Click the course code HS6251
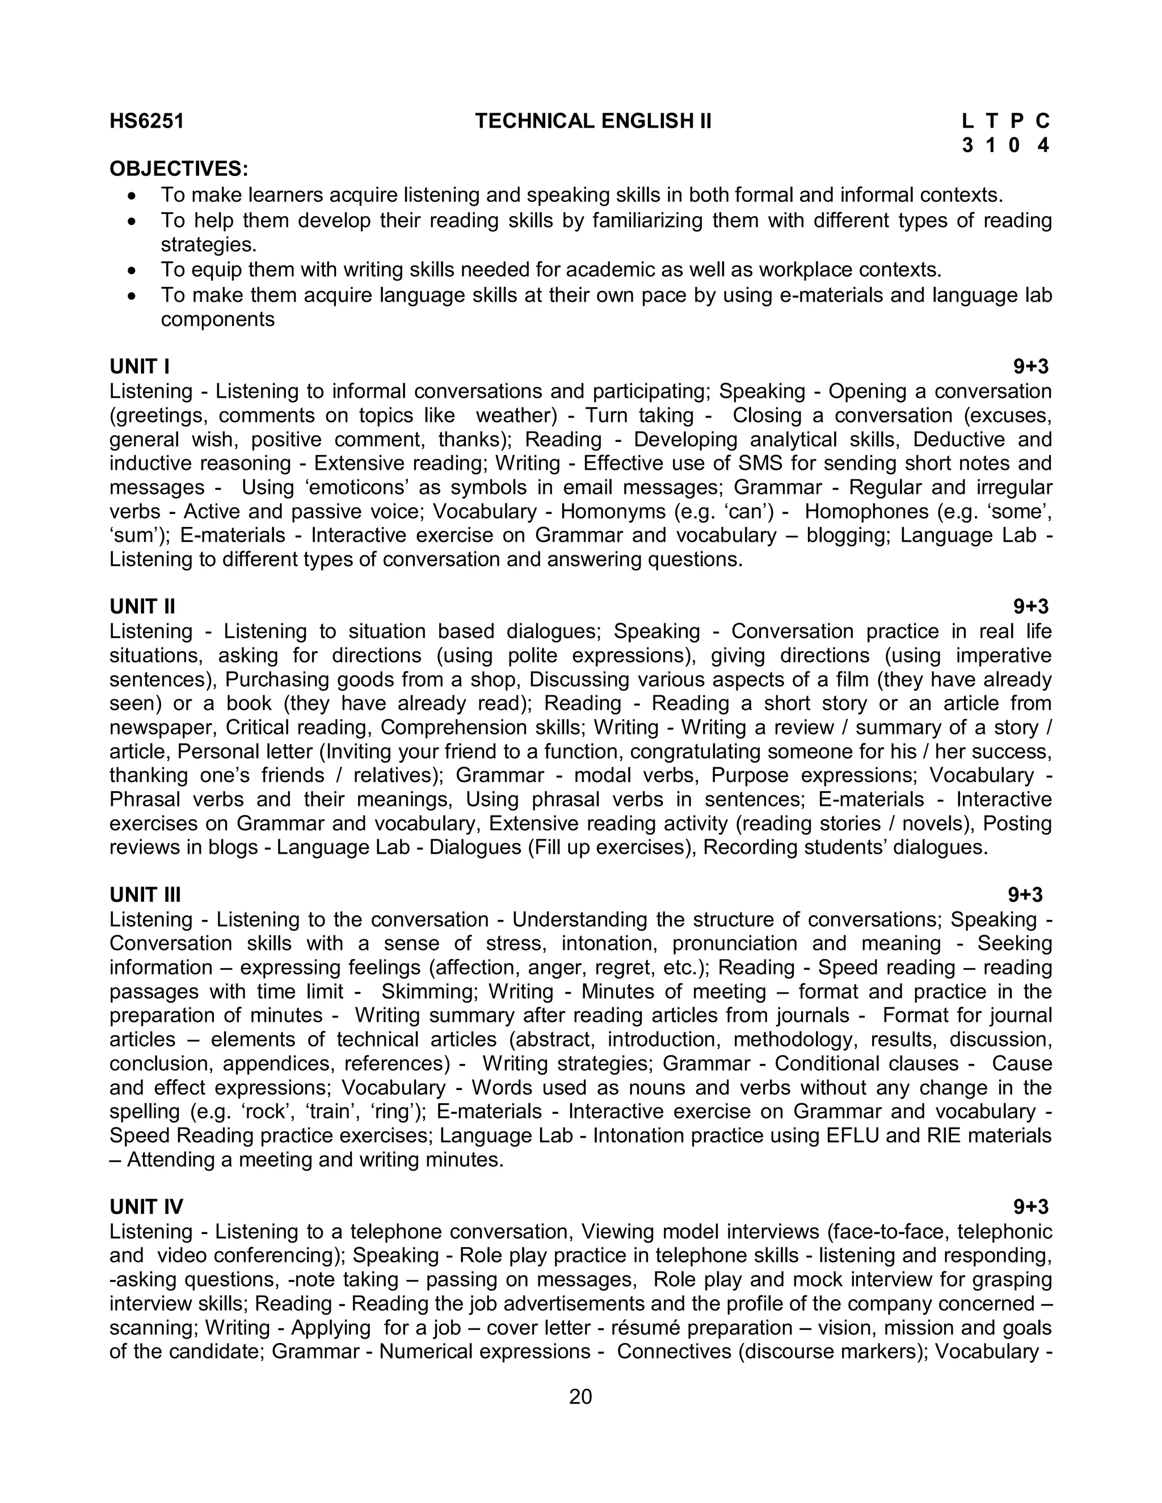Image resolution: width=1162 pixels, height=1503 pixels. coord(146,121)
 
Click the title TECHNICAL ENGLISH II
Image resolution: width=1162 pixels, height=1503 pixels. coord(593,121)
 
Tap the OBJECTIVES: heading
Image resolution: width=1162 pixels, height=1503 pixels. coord(179,168)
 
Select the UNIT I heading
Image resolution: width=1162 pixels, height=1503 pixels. coord(140,366)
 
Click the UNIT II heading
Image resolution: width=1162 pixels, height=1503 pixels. coord(142,606)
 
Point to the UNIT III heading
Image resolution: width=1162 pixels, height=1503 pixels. coord(145,894)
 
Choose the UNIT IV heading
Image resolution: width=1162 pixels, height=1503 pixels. coord(146,1206)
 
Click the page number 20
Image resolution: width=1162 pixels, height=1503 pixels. coord(580,1396)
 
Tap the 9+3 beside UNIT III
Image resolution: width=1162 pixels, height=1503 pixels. coord(1025,894)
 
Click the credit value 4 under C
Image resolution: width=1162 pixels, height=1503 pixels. coord(1043,145)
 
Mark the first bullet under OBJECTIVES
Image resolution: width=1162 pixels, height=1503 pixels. coord(133,196)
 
